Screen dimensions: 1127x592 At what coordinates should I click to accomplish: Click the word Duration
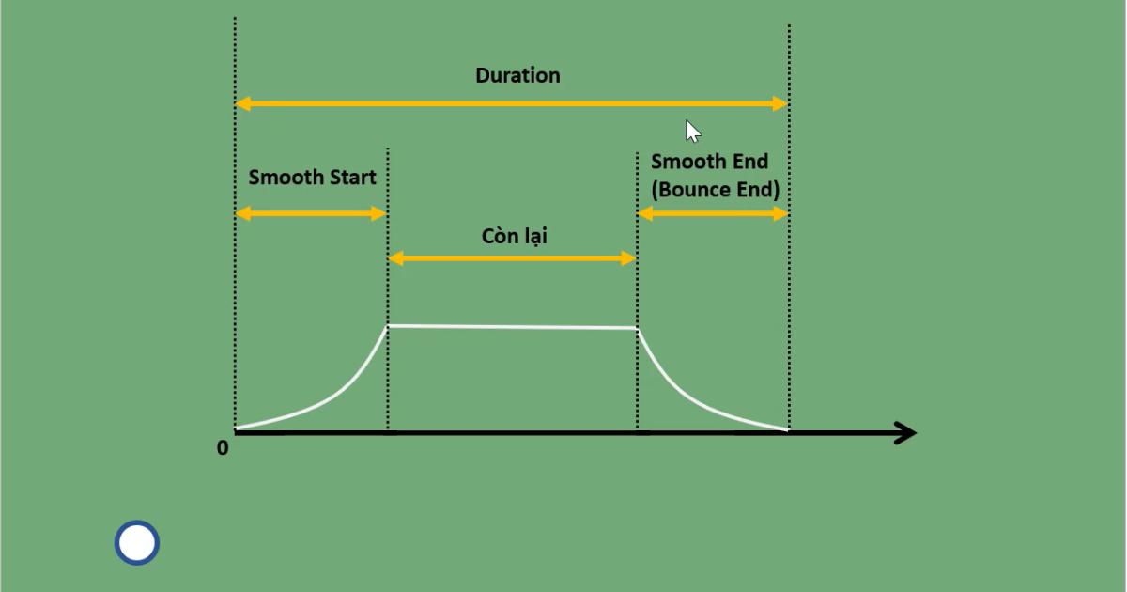tap(517, 75)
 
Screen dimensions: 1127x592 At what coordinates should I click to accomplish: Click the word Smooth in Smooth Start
tap(286, 177)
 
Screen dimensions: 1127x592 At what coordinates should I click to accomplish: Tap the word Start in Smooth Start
tap(352, 177)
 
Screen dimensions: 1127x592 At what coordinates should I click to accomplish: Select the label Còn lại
tap(514, 236)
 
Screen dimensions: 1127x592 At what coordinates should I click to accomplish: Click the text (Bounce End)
tap(716, 189)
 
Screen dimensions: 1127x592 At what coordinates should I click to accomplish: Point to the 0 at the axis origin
tap(223, 448)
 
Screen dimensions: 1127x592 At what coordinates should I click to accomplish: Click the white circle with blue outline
tap(137, 543)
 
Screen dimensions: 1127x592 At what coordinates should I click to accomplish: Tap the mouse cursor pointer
tap(693, 132)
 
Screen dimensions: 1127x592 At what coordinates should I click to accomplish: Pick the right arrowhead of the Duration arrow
tap(780, 103)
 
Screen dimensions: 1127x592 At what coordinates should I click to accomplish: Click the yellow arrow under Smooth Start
tap(311, 213)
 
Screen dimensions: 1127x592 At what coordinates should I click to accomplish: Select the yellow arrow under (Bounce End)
tap(713, 213)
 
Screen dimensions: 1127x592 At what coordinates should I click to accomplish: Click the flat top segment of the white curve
tap(513, 327)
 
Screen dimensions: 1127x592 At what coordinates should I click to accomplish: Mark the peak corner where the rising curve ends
tap(388, 326)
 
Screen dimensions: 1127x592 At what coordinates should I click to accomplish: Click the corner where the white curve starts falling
tap(637, 328)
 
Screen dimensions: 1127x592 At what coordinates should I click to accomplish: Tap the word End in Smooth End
tap(749, 162)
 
